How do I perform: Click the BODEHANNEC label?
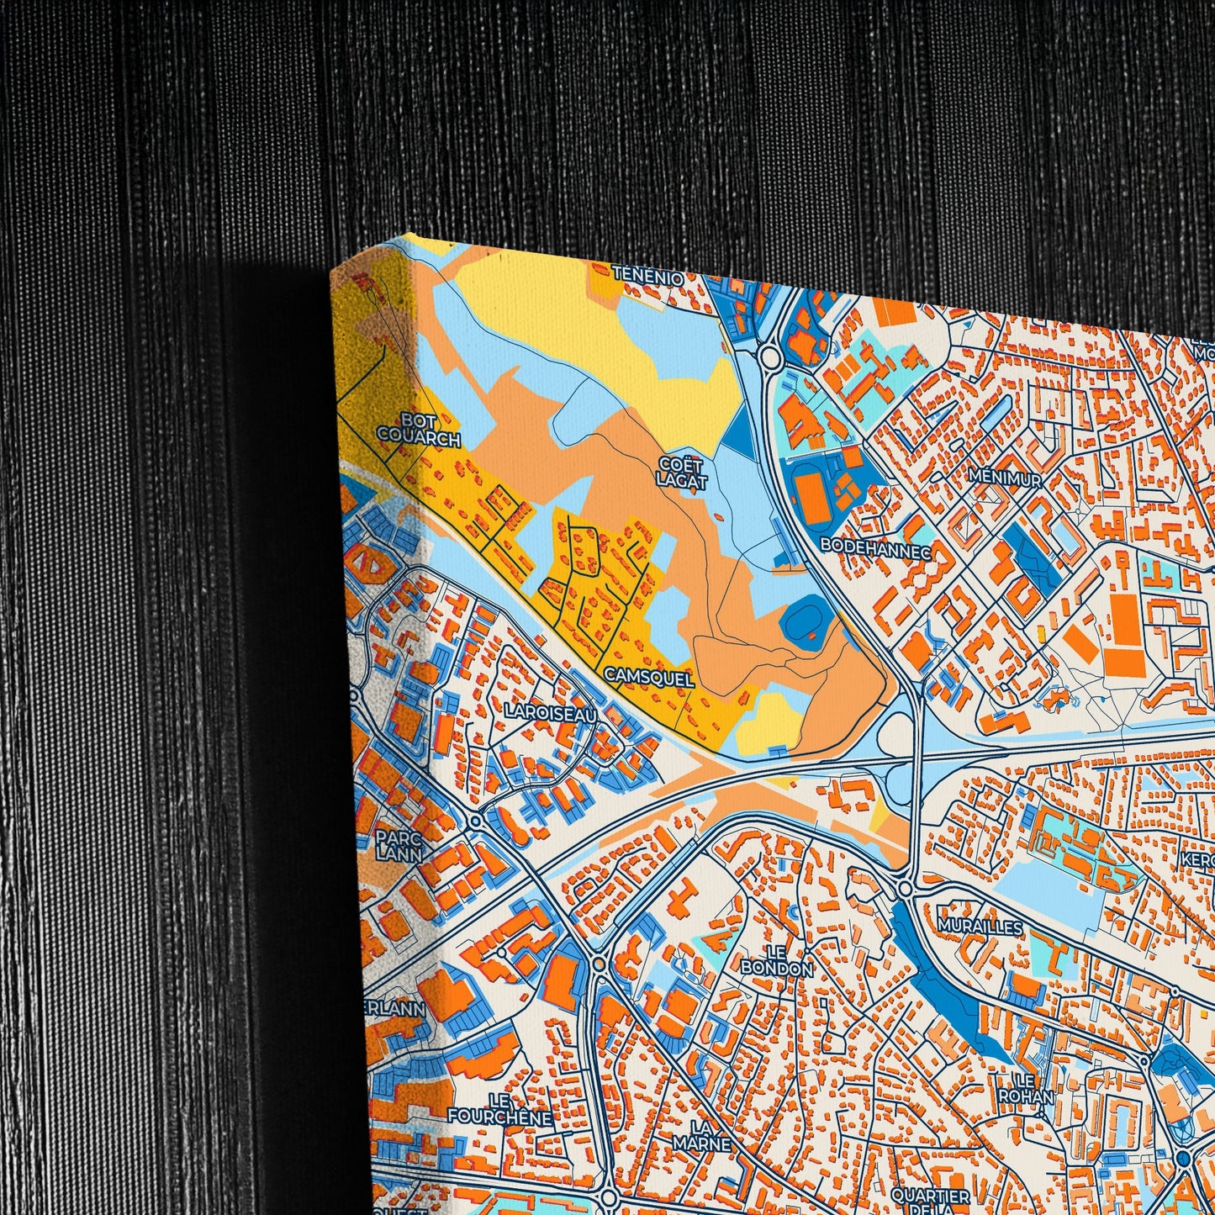875,546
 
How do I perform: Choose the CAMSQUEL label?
648,678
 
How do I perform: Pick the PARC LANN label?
399,845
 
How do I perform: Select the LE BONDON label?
776,960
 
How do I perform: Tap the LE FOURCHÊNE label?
499,1109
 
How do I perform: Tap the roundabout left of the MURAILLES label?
906,888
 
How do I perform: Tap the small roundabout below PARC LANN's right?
476,821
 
